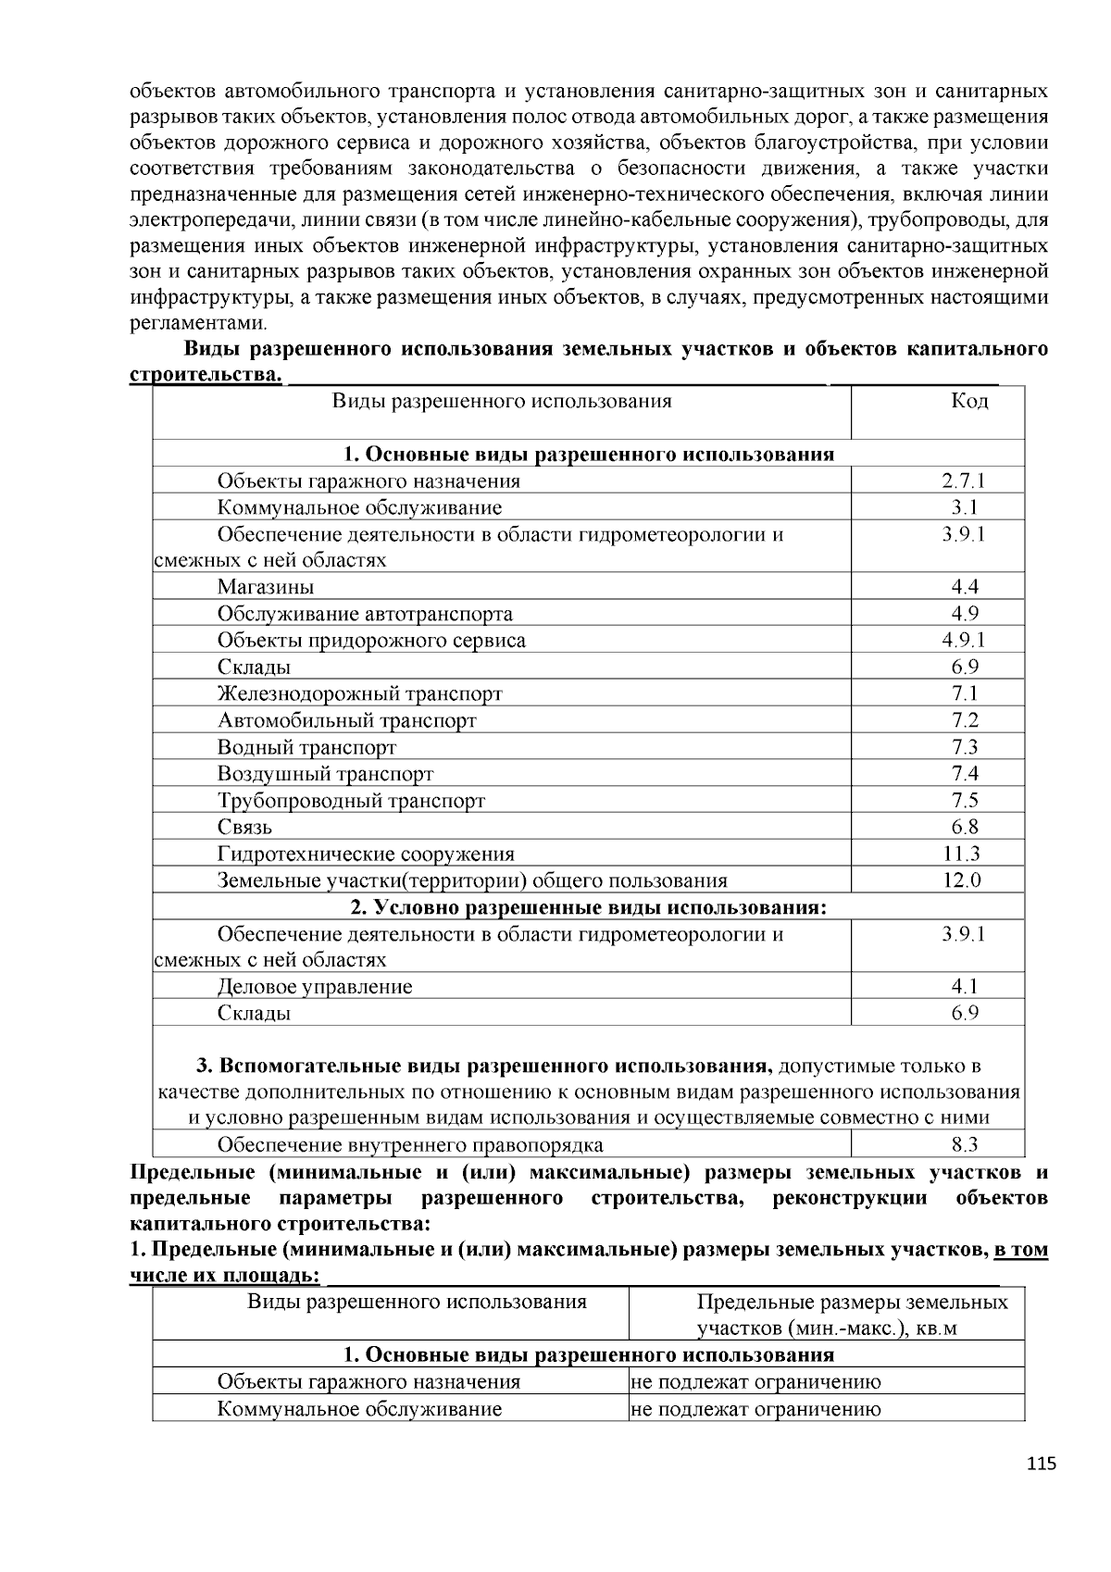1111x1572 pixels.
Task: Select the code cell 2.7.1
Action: click(964, 480)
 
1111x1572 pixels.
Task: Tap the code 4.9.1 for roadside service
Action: click(964, 640)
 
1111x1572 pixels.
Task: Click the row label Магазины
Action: click(266, 587)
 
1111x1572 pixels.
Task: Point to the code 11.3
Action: click(964, 854)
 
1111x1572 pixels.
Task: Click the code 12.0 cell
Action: click(963, 880)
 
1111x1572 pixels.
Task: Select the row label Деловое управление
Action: click(315, 986)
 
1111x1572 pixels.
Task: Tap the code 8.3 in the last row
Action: click(964, 1145)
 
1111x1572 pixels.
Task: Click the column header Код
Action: click(968, 401)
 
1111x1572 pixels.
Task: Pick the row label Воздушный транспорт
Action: click(326, 774)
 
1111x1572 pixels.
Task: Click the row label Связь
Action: click(245, 827)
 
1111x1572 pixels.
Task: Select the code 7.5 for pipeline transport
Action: click(964, 801)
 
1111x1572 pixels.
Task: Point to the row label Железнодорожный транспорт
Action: click(360, 693)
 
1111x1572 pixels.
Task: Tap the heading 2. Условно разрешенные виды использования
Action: click(588, 907)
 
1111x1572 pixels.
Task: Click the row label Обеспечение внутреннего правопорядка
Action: click(410, 1145)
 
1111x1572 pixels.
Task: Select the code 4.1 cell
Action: click(964, 986)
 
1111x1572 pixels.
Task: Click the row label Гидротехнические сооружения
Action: click(366, 854)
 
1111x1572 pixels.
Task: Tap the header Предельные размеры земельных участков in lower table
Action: click(852, 1316)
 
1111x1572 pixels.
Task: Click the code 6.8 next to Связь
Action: click(964, 827)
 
